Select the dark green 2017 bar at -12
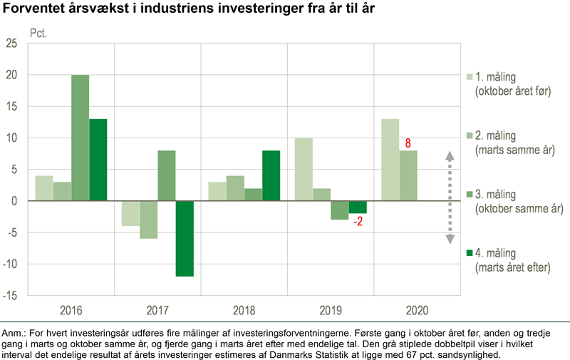point(185,238)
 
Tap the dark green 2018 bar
point(271,175)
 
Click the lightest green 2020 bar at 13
point(390,160)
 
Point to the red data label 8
point(408,143)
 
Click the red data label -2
point(358,221)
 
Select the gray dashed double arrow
point(450,197)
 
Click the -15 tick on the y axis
point(12,295)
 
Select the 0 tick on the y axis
point(16,201)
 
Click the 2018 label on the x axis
point(244,310)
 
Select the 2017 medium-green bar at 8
point(167,175)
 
